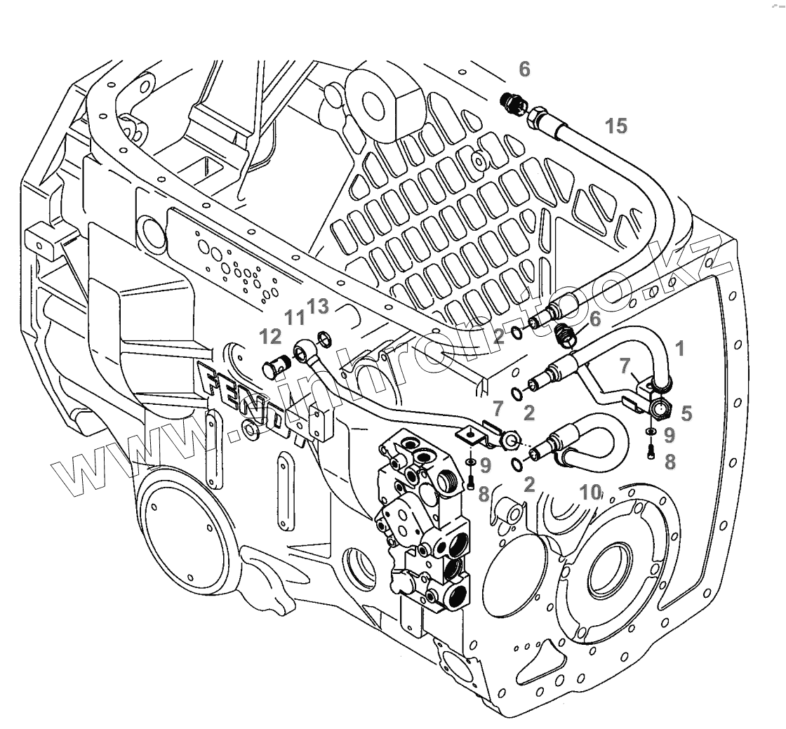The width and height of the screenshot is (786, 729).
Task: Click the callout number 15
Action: click(x=616, y=126)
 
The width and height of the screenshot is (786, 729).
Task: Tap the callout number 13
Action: click(x=318, y=307)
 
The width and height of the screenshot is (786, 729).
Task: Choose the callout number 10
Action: click(x=591, y=492)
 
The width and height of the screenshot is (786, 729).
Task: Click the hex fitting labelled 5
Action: click(x=660, y=408)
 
